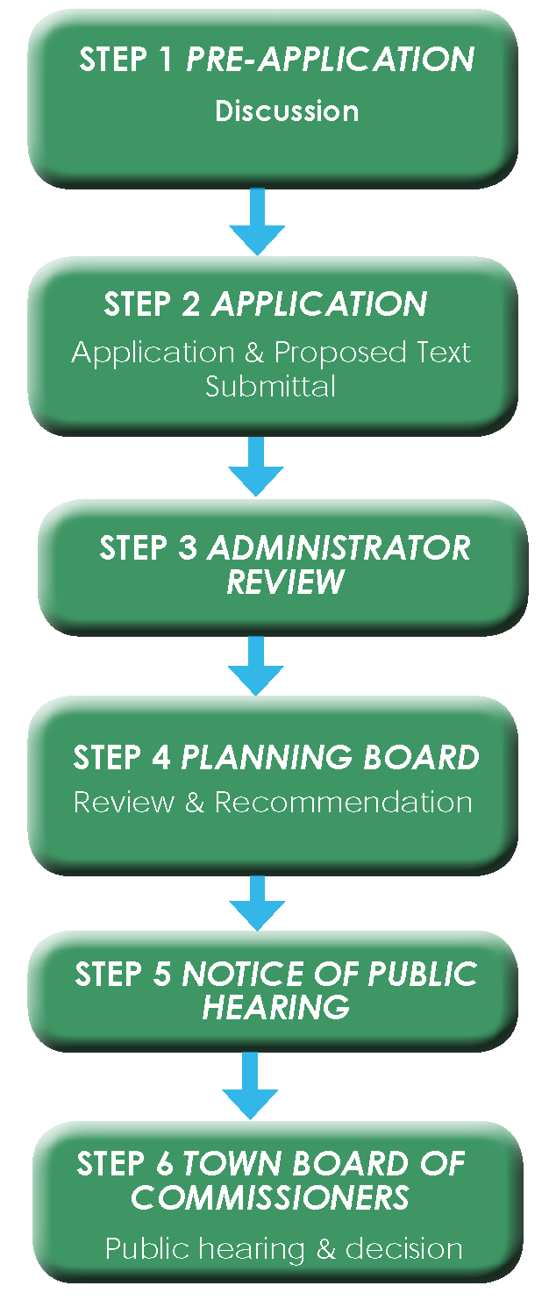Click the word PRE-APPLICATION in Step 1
click(x=330, y=61)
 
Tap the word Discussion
click(x=287, y=111)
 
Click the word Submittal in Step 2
click(x=270, y=387)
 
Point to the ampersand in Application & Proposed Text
click(x=254, y=353)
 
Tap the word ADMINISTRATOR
click(x=339, y=548)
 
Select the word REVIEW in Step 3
click(x=285, y=582)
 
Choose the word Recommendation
click(x=343, y=803)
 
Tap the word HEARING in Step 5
click(x=275, y=1007)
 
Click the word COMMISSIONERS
click(x=270, y=1197)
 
